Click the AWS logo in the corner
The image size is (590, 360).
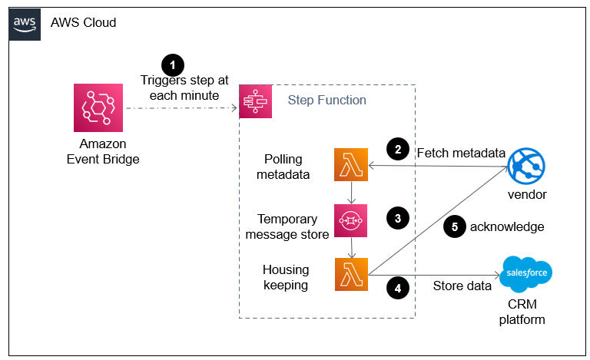point(25,23)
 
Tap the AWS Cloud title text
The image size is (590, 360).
point(83,23)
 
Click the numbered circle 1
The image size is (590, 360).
point(173,65)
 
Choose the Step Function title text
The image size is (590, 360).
point(326,101)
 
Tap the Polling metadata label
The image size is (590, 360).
point(283,167)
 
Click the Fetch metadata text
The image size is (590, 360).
point(459,153)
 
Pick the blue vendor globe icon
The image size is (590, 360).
point(526,165)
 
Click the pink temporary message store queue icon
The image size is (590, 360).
point(350,220)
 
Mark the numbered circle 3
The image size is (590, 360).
point(396,218)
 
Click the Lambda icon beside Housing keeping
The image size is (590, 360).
point(350,274)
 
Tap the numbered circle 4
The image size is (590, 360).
point(396,288)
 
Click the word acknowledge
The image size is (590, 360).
point(507,227)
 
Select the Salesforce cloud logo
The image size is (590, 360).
point(526,273)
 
